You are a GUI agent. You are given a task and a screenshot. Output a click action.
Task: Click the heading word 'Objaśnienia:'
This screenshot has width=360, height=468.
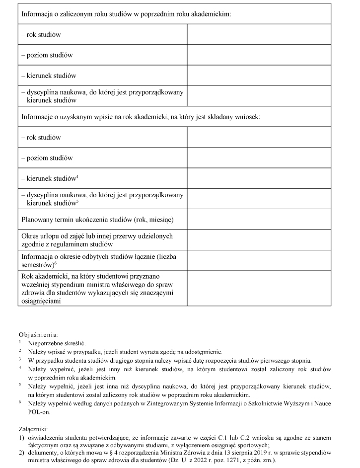point(39,334)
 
